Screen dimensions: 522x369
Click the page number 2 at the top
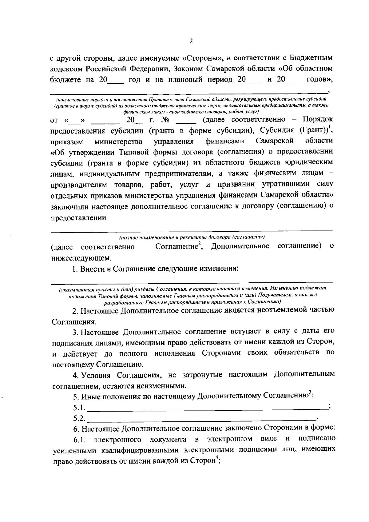click(191, 41)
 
